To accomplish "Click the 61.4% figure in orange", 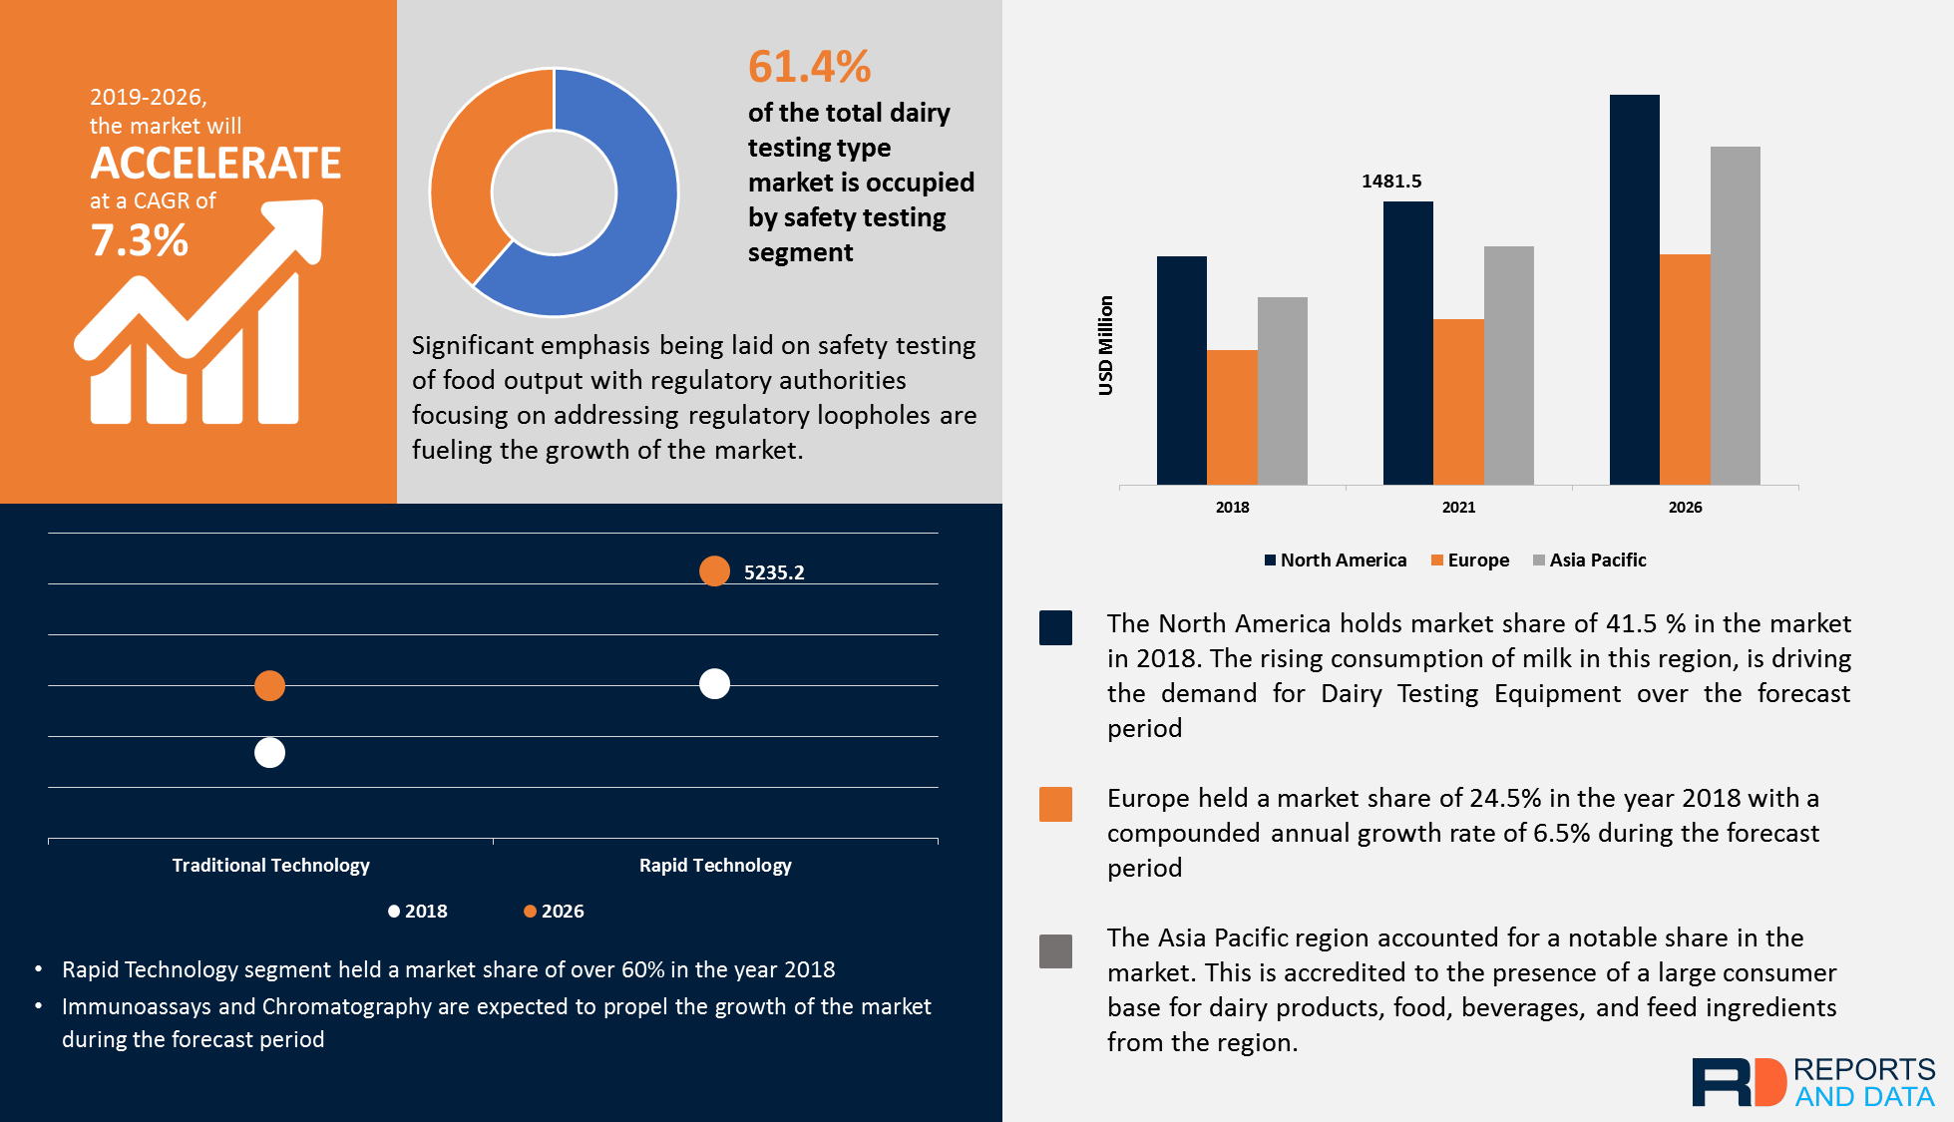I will pyautogui.click(x=809, y=68).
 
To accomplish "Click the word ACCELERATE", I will pyautogui.click(x=215, y=164).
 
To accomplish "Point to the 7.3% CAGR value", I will pyautogui.click(x=139, y=240).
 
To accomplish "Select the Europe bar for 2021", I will pyautogui.click(x=1458, y=402).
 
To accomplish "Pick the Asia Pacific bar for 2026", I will pyautogui.click(x=1735, y=315).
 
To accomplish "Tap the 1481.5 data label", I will pyautogui.click(x=1391, y=182).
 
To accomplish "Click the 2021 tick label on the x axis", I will pyautogui.click(x=1458, y=508).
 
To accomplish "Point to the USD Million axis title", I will pyautogui.click(x=1106, y=345).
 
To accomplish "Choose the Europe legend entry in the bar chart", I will pyautogui.click(x=1470, y=561).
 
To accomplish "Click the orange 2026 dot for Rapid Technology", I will pyautogui.click(x=714, y=571).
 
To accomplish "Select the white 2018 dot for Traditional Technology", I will pyautogui.click(x=269, y=753).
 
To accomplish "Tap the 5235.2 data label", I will pyautogui.click(x=774, y=572).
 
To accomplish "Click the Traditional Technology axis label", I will pyautogui.click(x=270, y=866).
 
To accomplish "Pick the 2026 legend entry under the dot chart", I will pyautogui.click(x=555, y=912).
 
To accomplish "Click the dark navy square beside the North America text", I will pyautogui.click(x=1055, y=628).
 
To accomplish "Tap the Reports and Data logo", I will pyautogui.click(x=1812, y=1082).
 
